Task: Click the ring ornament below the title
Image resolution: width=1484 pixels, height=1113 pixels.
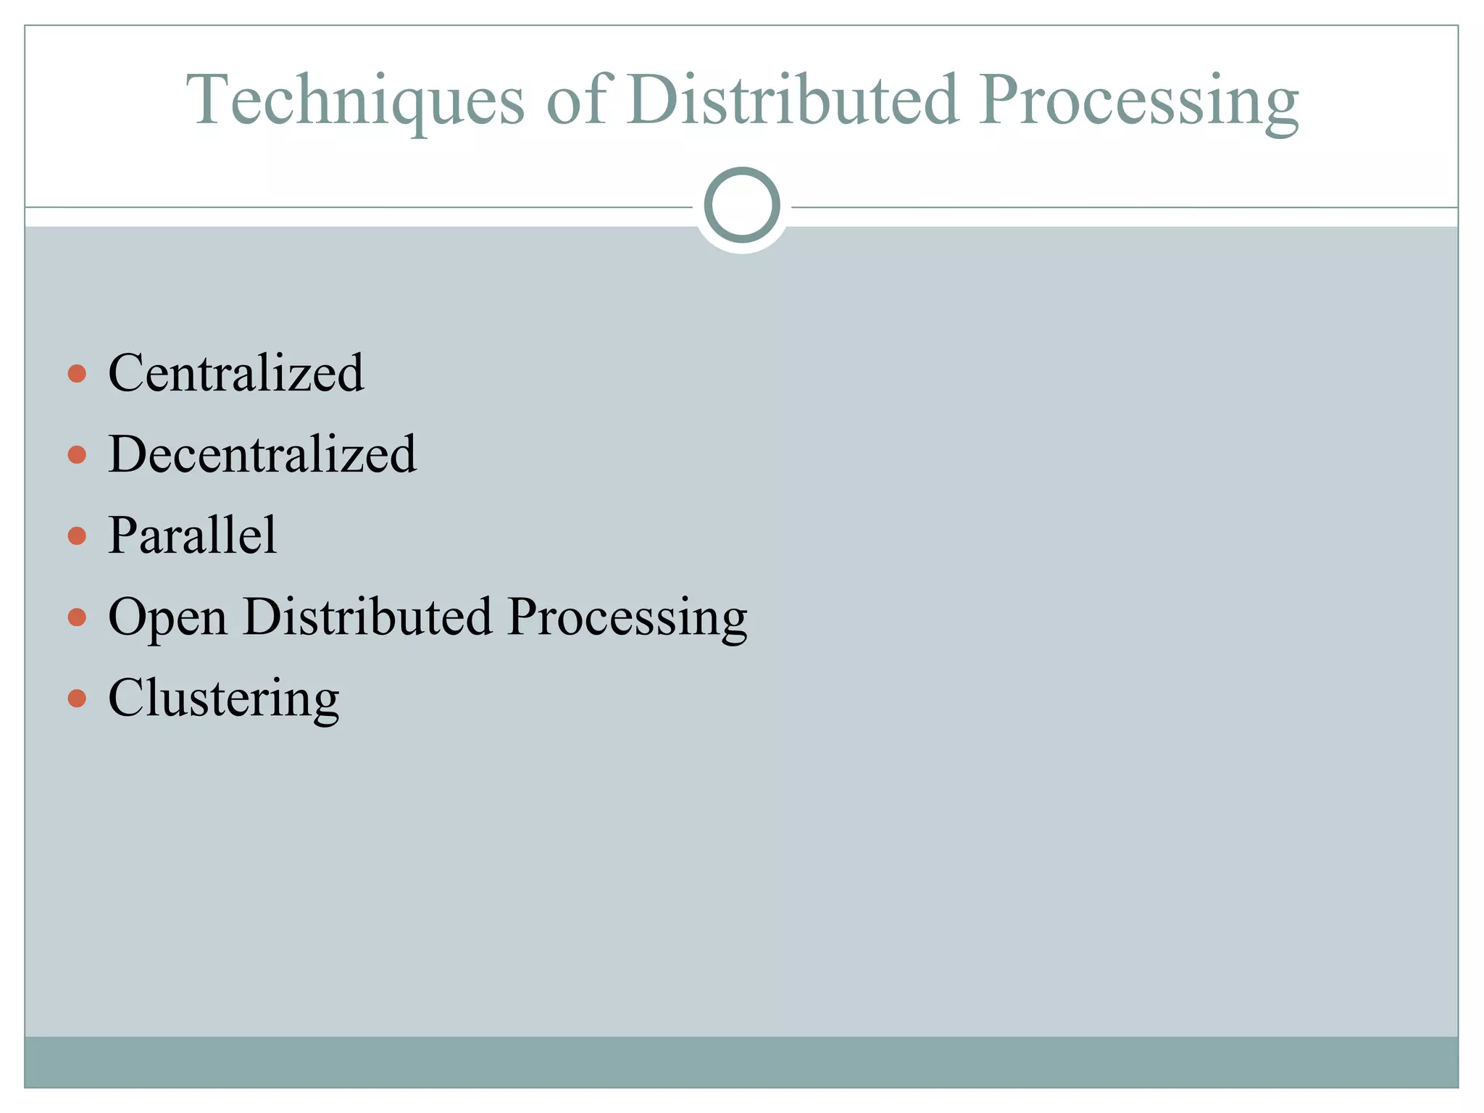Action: pos(742,205)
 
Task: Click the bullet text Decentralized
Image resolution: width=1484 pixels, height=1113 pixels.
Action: pos(262,454)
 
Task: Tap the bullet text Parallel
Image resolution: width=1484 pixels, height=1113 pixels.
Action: pos(192,535)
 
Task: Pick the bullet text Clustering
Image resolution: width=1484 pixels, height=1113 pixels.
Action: pos(223,699)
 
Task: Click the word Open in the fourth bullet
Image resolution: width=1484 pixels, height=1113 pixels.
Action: pos(167,618)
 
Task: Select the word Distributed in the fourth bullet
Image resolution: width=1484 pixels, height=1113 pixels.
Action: pos(367,617)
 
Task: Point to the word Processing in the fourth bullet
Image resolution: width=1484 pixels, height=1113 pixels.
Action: pos(627,618)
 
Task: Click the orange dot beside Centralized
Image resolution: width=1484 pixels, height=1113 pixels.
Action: pos(77,374)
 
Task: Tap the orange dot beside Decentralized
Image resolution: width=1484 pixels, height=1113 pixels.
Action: pos(77,455)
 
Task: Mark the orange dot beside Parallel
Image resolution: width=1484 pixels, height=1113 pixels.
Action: pos(77,536)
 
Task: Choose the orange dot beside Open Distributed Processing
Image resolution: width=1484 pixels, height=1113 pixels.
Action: pos(77,617)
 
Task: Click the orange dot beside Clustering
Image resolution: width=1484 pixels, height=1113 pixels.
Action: pos(77,699)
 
